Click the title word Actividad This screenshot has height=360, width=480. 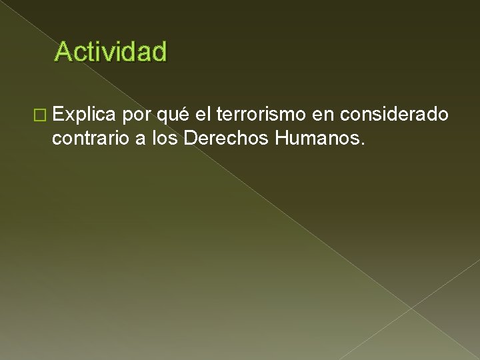(x=111, y=51)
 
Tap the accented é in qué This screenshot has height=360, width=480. (x=185, y=114)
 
